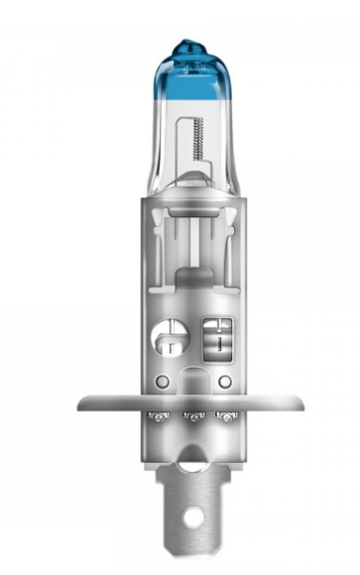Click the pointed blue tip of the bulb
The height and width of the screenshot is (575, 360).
(187, 44)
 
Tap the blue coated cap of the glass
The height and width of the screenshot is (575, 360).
(187, 74)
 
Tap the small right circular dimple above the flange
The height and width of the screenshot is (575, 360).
(225, 381)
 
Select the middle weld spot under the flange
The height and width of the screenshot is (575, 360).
(190, 417)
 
